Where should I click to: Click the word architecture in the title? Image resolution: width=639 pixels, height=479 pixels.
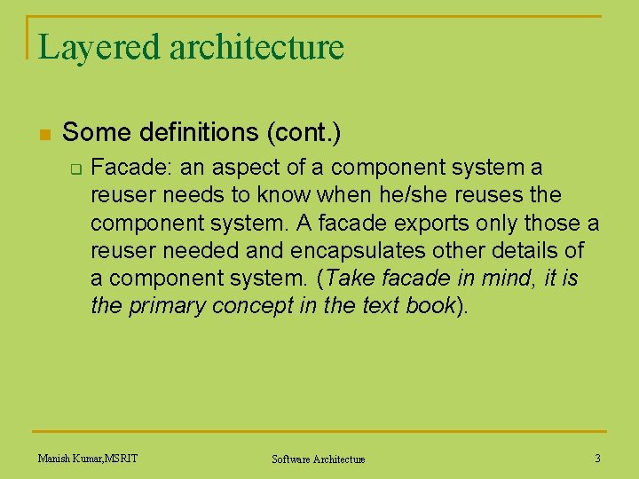coord(256,47)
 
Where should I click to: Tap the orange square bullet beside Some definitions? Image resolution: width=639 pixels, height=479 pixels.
coord(43,135)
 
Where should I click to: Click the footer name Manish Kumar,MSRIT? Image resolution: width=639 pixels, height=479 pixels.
coord(88,459)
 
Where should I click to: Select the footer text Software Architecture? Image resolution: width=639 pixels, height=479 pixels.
coord(318,459)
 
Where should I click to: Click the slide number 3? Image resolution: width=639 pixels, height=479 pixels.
coord(597,459)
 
